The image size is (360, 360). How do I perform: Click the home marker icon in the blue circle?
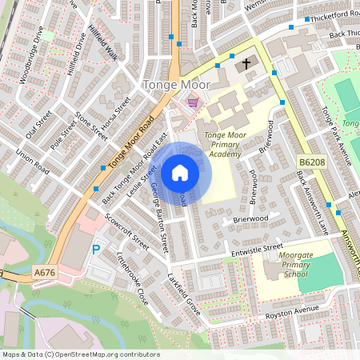point(180,173)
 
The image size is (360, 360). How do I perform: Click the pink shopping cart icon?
point(193,101)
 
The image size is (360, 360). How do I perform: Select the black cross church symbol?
point(246,62)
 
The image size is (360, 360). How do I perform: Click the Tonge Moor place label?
point(175,84)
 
